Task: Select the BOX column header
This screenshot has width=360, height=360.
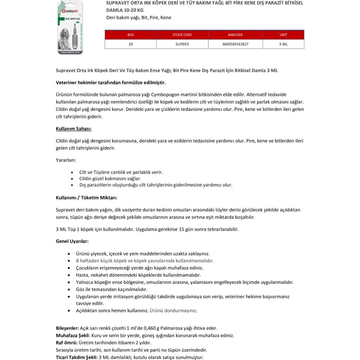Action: point(130,35)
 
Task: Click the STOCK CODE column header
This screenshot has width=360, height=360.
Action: point(182,35)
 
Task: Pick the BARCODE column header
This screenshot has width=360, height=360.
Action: point(235,35)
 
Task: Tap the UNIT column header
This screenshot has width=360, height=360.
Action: point(283,35)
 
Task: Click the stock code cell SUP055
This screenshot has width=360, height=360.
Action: point(182,44)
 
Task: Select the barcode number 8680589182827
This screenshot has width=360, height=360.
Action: point(235,44)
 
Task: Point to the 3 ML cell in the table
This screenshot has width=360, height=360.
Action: point(283,44)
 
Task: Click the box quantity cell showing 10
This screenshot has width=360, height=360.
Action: point(130,44)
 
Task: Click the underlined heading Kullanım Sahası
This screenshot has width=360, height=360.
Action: point(73,129)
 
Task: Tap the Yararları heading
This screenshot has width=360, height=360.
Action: point(66,160)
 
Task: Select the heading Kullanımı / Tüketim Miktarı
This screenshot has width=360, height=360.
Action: point(86,198)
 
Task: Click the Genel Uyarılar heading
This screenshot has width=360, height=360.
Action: point(72,241)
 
